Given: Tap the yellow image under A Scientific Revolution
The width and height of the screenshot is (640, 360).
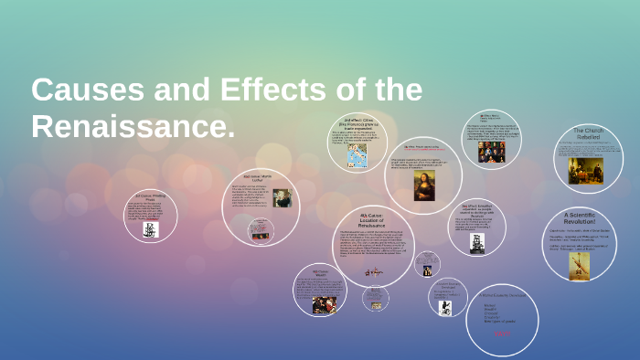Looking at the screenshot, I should point(580,265).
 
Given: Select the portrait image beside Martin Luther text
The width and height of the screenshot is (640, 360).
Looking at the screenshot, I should point(282,198).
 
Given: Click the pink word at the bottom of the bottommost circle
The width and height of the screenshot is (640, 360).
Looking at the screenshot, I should point(501,334).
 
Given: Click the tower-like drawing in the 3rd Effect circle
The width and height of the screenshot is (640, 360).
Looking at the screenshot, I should point(475,243).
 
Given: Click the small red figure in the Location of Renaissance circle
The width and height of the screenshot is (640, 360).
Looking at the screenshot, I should point(373,271).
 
